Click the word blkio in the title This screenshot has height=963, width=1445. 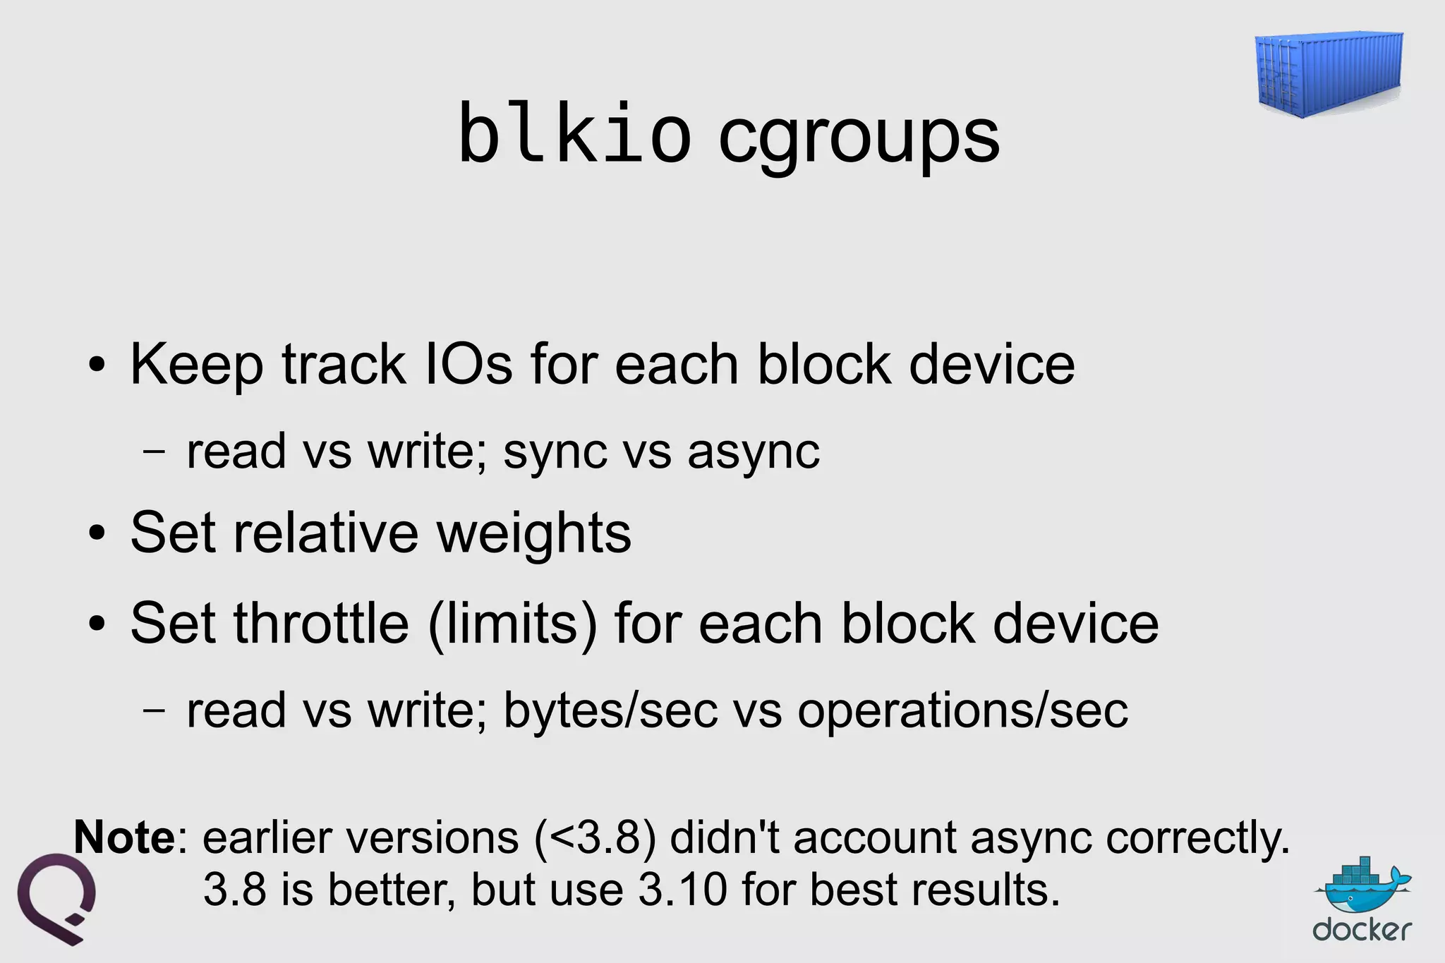574,134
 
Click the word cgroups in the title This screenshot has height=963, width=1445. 859,138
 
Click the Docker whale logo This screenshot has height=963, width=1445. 1362,890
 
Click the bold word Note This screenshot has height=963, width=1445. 124,837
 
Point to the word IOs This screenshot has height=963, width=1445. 468,364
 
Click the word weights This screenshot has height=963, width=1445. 533,533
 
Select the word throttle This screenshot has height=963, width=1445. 322,624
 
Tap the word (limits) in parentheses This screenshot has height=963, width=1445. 512,624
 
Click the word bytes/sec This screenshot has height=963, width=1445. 610,710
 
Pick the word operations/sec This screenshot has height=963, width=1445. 962,710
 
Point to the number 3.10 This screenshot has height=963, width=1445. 682,890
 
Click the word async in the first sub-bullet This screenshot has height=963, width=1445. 753,452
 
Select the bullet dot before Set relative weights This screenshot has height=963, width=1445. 97,534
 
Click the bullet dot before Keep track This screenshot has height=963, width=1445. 97,365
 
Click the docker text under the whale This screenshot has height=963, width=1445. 1362,931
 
